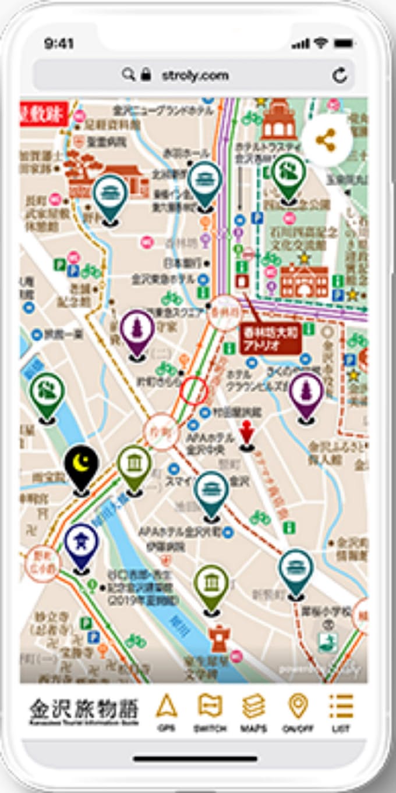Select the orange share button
pos(326,141)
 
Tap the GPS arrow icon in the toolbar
pos(167,706)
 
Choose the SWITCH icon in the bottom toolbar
pos(210,706)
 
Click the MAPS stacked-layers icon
pos(253,706)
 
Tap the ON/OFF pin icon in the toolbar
pos(298,706)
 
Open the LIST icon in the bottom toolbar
pos(341,706)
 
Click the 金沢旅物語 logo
pos(84,710)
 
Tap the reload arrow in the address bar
pos(339,75)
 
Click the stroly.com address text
pos(195,75)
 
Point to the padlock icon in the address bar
pos(146,75)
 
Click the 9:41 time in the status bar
pos(59,44)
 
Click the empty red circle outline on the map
pos(193,390)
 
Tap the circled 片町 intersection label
pos(161,432)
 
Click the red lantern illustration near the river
pos(220,638)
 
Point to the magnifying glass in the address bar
pos(129,75)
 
